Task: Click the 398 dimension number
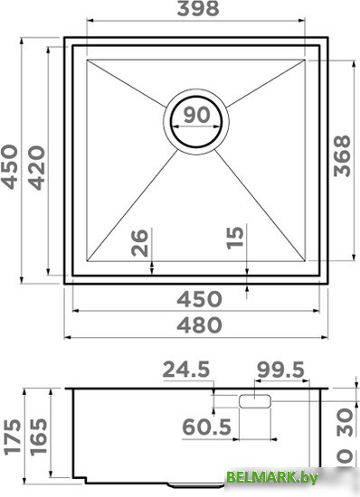(198, 8)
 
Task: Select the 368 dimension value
(342, 156)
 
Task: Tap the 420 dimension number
(36, 168)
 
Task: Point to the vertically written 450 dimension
(9, 167)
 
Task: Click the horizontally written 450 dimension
(199, 299)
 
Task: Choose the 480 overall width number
(199, 325)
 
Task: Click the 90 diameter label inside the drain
(196, 115)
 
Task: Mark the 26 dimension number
(139, 243)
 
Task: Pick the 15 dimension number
(235, 238)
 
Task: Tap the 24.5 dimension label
(186, 370)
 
